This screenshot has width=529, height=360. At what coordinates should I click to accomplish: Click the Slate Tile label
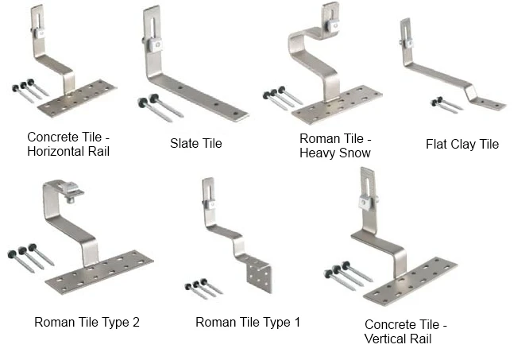pyautogui.click(x=195, y=144)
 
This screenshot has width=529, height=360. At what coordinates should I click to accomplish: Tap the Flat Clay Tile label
pyautogui.click(x=462, y=144)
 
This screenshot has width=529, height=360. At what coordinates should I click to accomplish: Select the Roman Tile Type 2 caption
pyautogui.click(x=87, y=322)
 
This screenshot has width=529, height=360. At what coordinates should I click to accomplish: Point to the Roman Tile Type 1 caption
pyautogui.click(x=248, y=322)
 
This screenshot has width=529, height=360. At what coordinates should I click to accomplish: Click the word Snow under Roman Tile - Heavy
pyautogui.click(x=353, y=153)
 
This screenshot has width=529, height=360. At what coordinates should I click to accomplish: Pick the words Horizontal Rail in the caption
pyautogui.click(x=68, y=152)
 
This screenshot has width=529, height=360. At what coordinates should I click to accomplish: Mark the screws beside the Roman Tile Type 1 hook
pyautogui.click(x=203, y=288)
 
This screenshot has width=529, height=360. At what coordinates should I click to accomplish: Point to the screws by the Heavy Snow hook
pyautogui.click(x=280, y=98)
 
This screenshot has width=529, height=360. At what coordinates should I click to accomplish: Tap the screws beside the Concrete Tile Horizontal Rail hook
pyautogui.click(x=29, y=89)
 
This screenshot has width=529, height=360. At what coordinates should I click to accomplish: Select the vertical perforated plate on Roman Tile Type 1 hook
pyautogui.click(x=259, y=274)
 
